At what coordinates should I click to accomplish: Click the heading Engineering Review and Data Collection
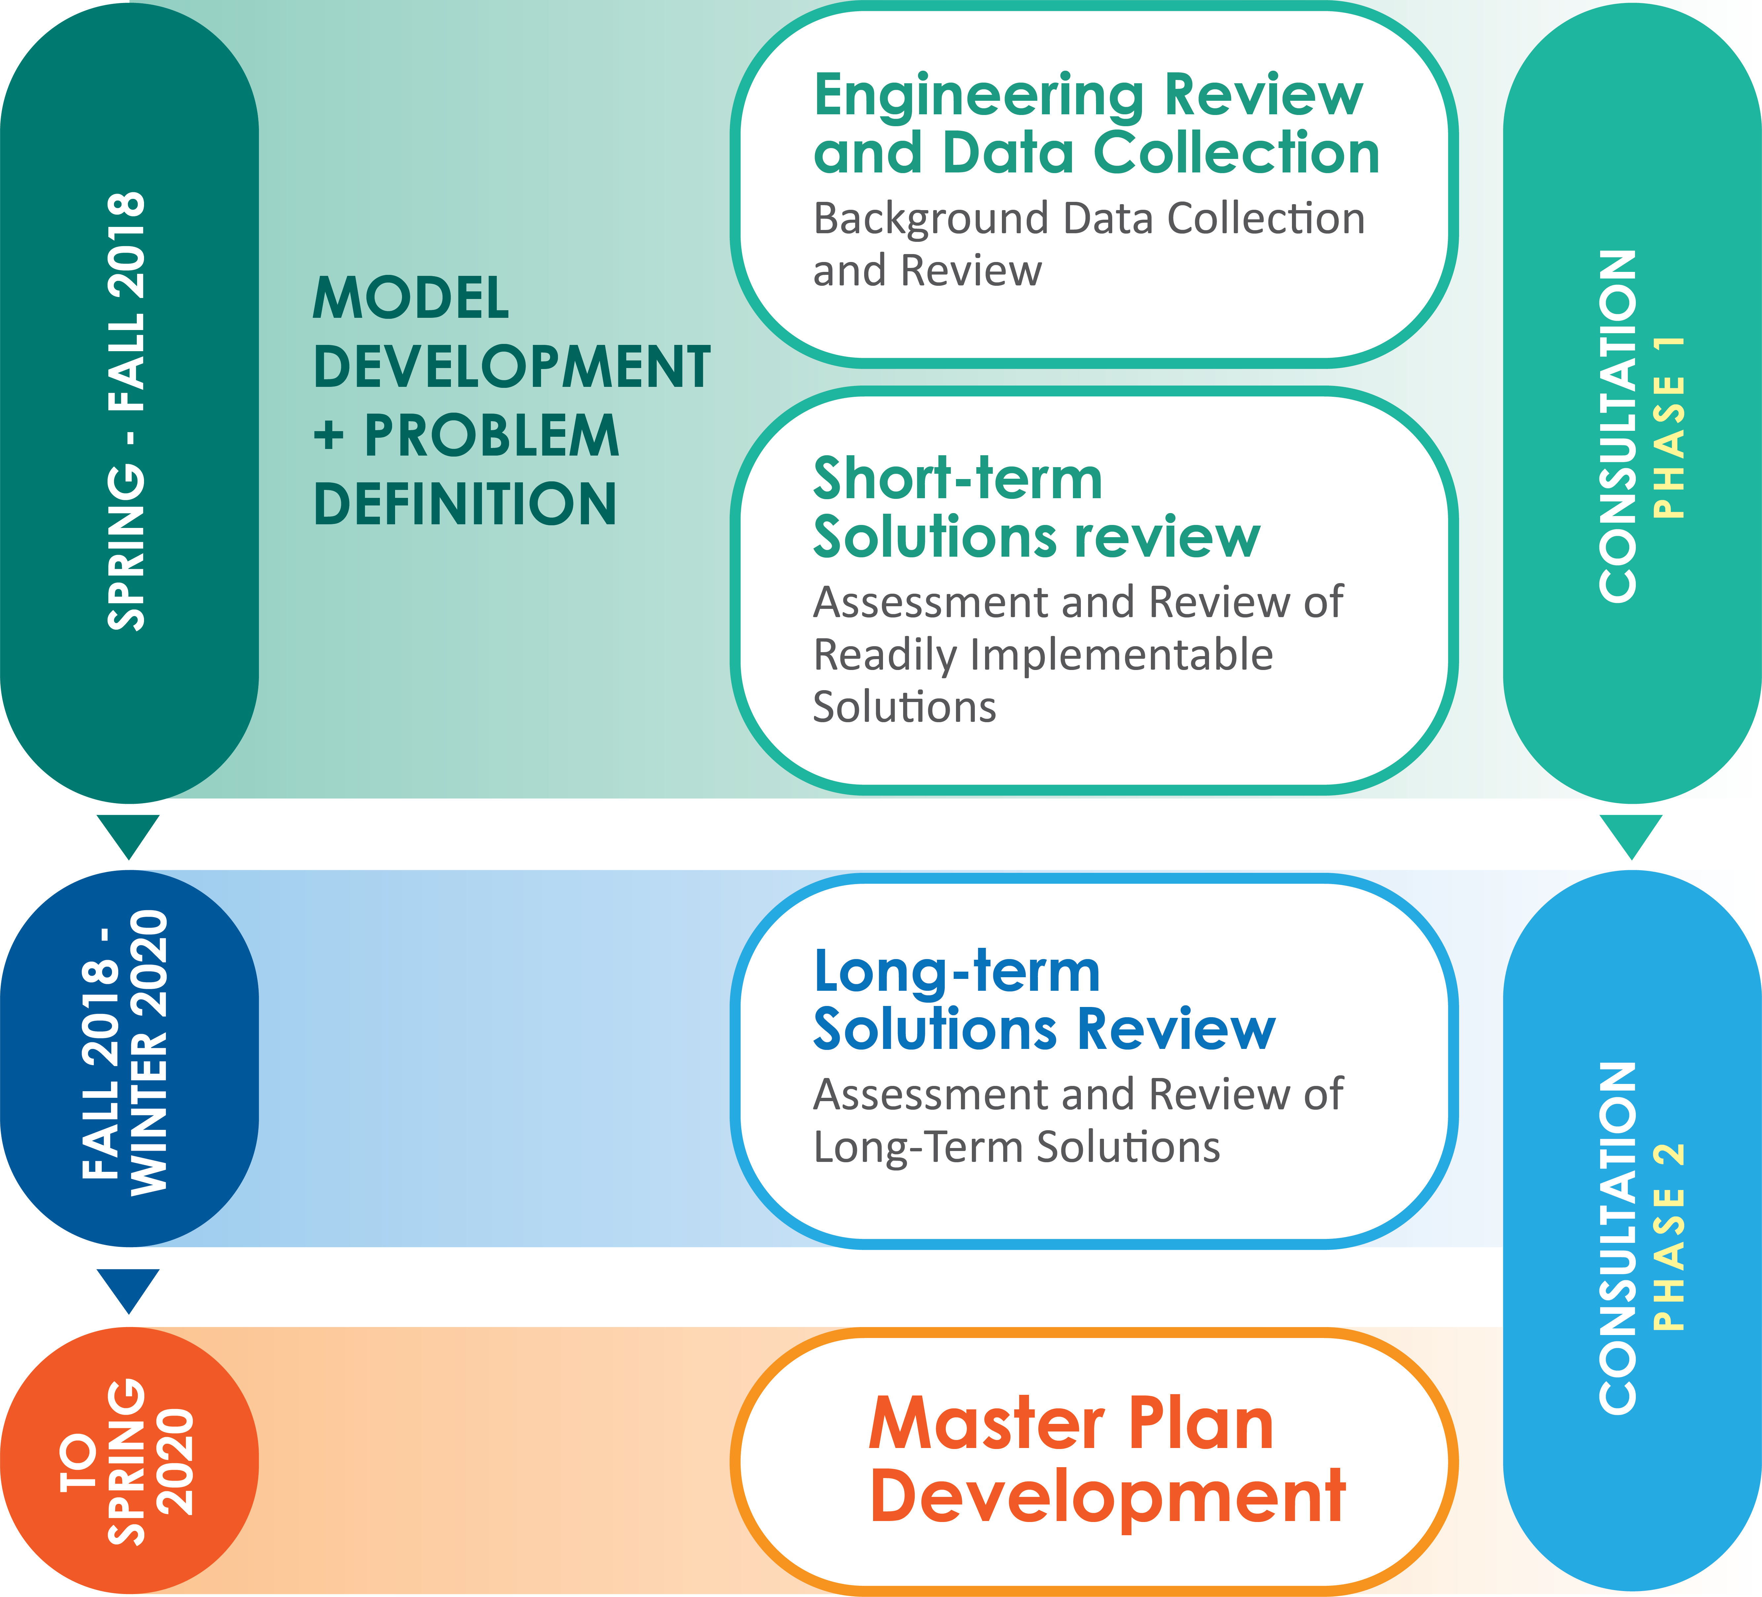1096,124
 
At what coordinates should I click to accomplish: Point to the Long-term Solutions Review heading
1045,1000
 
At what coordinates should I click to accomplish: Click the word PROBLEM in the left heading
491,435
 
